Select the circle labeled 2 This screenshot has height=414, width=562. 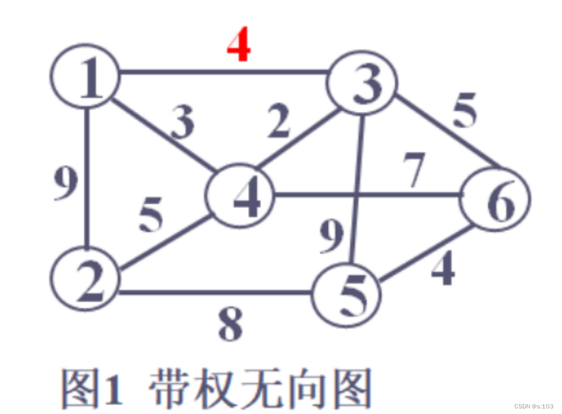(85, 278)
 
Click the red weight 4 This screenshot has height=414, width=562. (239, 45)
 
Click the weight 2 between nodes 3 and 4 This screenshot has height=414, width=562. (278, 123)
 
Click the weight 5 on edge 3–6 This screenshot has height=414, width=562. (464, 111)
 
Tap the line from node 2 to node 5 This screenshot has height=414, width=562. (216, 292)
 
